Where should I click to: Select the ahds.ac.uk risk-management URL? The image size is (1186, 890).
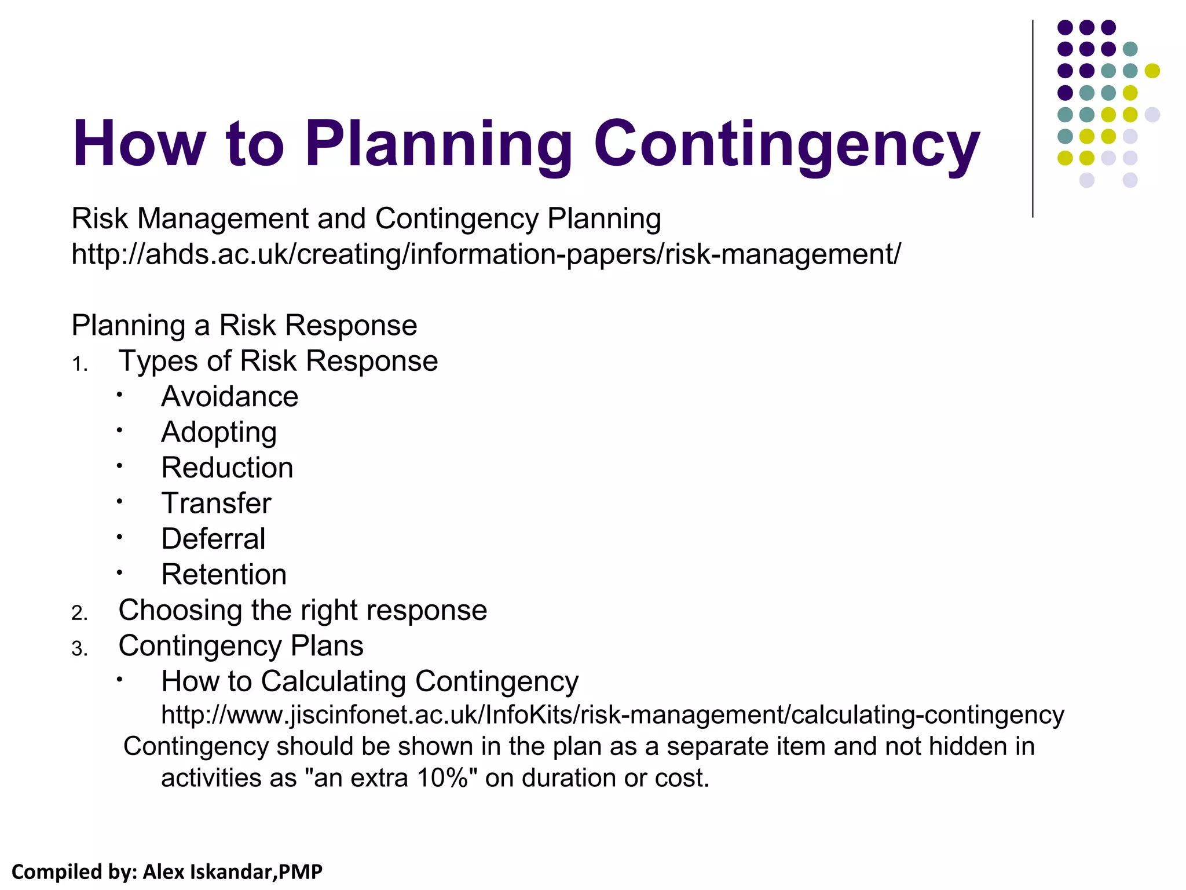tap(486, 254)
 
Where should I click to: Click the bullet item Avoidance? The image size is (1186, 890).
tap(230, 397)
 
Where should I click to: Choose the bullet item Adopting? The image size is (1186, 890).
tap(219, 433)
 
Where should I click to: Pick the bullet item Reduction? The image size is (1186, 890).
tap(227, 468)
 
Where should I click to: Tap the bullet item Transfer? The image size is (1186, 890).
tap(216, 504)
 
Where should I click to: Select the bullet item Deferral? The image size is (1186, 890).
tap(213, 539)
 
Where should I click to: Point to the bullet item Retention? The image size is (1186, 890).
tap(224, 575)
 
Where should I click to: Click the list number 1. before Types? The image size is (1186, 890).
tap(79, 364)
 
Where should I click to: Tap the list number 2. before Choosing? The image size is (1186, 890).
tap(79, 613)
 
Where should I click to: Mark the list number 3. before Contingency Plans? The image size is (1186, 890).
tap(79, 649)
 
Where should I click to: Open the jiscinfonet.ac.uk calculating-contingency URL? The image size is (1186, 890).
tap(612, 715)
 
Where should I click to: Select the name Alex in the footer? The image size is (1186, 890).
tap(164, 871)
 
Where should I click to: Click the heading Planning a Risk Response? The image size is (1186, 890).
tap(244, 325)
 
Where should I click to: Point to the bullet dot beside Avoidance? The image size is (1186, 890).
tap(119, 395)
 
